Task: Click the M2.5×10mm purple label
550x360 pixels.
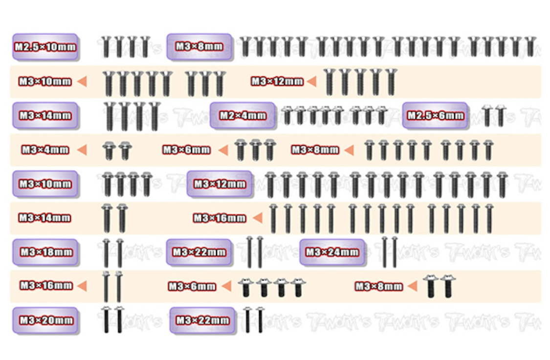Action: [45, 47]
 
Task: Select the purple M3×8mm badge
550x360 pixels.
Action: [198, 47]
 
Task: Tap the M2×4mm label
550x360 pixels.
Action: [242, 116]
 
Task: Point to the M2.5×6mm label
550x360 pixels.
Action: [435, 116]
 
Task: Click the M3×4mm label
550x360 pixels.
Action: [45, 150]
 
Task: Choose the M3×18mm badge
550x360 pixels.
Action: [45, 253]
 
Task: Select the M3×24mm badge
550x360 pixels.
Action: [332, 253]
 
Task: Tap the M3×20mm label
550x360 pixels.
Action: [45, 320]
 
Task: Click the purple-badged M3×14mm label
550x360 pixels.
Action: [45, 116]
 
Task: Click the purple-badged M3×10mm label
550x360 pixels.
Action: [45, 184]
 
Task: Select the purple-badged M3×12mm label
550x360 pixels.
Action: [220, 184]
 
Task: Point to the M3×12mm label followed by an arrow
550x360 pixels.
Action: [277, 82]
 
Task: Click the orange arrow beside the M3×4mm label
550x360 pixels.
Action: [82, 150]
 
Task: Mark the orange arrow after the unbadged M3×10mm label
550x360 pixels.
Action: [82, 82]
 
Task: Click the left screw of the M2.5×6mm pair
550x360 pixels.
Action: [486, 115]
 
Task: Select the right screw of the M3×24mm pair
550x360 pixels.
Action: [395, 252]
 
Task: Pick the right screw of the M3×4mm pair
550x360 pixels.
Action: [125, 150]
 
